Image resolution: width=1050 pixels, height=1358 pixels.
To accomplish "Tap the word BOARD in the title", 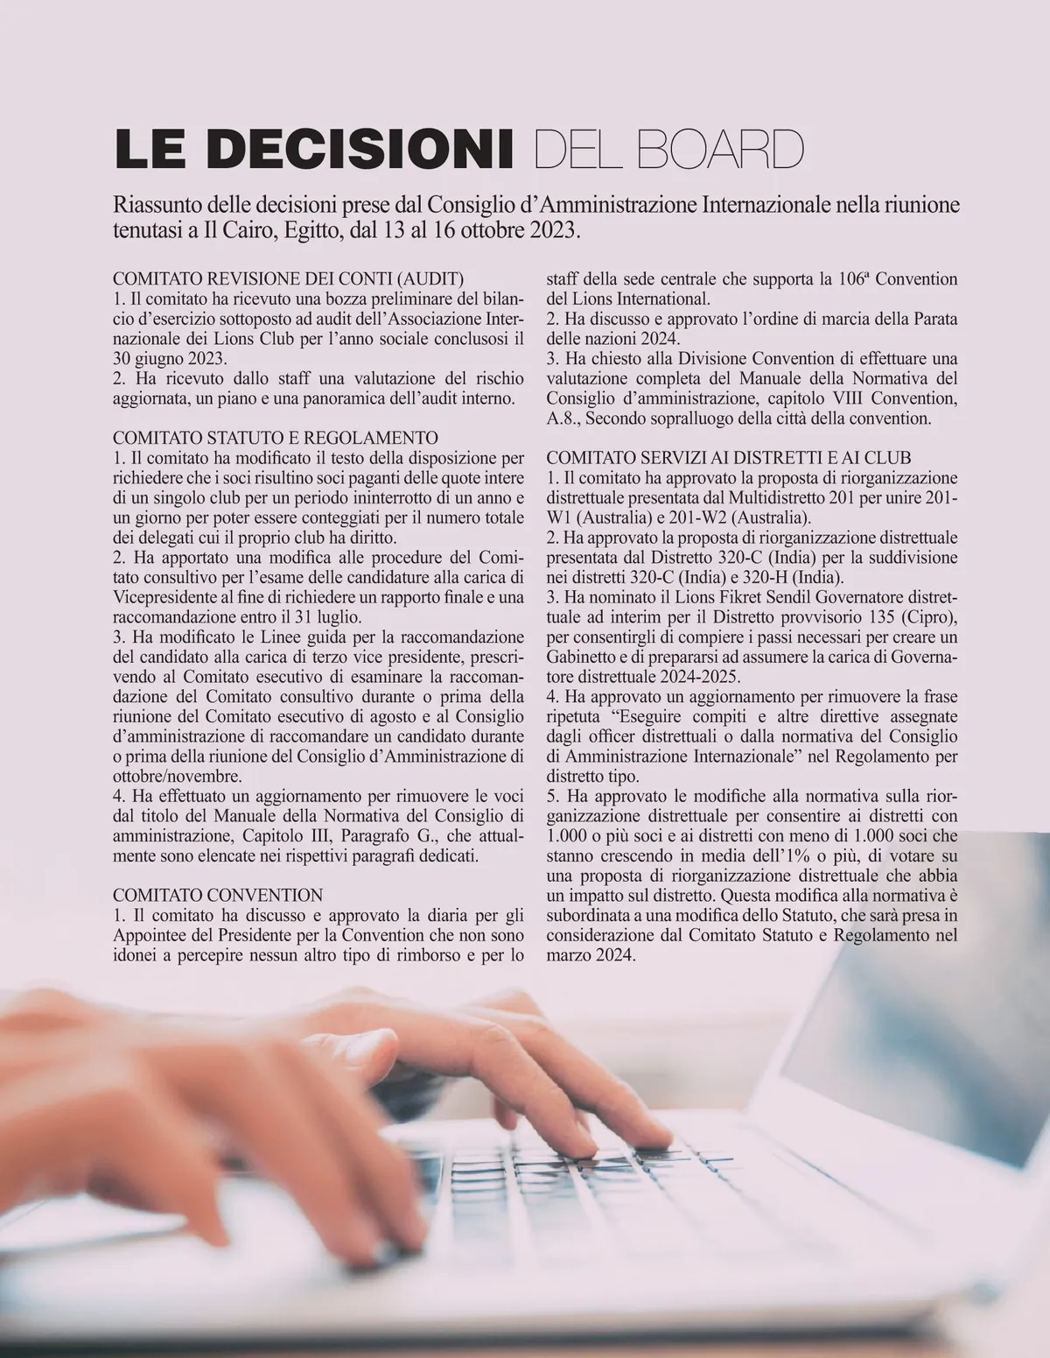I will (722, 150).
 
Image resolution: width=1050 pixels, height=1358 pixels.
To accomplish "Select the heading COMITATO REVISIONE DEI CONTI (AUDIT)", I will (289, 280).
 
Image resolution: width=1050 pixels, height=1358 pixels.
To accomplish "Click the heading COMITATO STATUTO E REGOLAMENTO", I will (276, 437).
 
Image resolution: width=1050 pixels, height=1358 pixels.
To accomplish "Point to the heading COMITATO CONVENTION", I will (219, 895).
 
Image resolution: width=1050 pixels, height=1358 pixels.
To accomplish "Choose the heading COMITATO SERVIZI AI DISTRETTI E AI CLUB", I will (729, 457).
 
